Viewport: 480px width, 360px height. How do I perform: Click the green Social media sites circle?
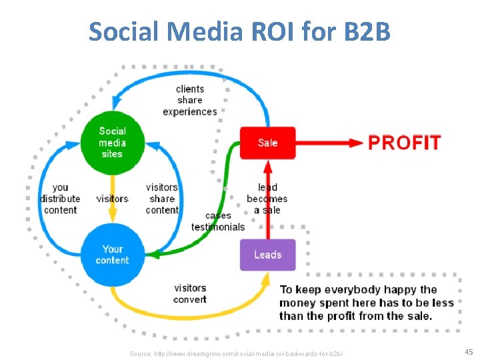click(112, 142)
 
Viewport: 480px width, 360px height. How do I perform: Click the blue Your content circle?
click(112, 255)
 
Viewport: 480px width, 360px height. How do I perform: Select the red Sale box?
click(267, 143)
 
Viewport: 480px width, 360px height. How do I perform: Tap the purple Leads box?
click(267, 255)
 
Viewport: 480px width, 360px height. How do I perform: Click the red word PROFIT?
click(405, 143)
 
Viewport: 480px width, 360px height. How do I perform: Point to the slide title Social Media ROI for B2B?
click(239, 31)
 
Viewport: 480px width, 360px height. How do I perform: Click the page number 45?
click(468, 351)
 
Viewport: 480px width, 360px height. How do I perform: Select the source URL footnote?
click(237, 351)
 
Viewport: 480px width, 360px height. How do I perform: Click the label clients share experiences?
click(190, 100)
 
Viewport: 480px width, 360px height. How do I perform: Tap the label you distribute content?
click(60, 199)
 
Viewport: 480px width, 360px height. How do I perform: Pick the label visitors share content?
click(162, 199)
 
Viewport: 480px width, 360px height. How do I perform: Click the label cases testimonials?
click(218, 221)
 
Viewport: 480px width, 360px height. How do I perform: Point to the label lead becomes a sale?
click(267, 199)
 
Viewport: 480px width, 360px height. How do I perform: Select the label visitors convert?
click(190, 293)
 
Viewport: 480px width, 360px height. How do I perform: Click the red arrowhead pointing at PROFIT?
click(357, 143)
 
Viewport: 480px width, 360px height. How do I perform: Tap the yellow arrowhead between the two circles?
click(112, 215)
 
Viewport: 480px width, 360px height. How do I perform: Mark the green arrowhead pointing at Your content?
click(151, 255)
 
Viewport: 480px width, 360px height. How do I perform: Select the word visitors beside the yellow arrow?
click(112, 199)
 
